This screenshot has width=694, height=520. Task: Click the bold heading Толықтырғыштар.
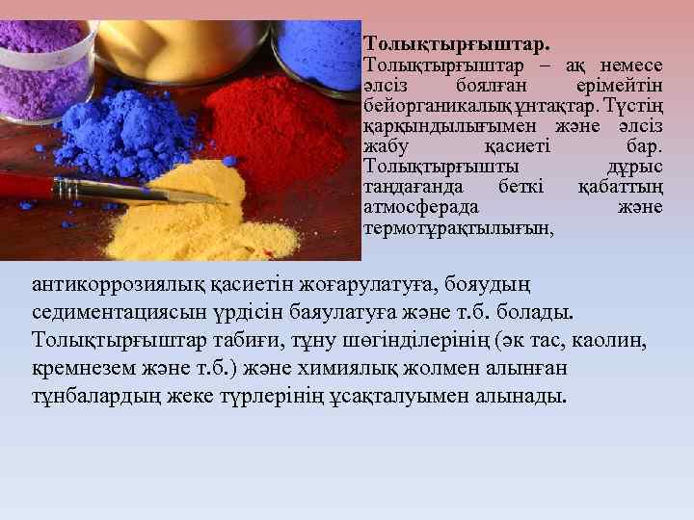pos(457,44)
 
